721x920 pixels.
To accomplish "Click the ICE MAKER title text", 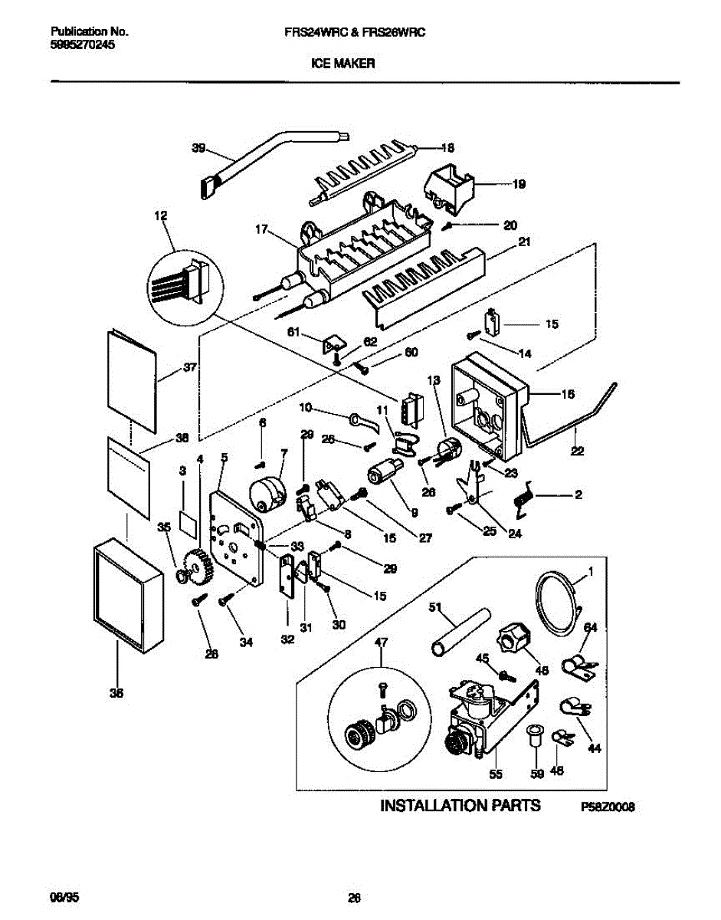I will coord(342,65).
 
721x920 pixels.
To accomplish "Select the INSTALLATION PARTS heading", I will coord(460,806).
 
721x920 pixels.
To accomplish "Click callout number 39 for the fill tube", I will coord(199,149).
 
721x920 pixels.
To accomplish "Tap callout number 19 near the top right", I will coord(519,184).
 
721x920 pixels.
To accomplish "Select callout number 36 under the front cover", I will coord(116,693).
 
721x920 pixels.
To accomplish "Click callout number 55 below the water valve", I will coord(496,774).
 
